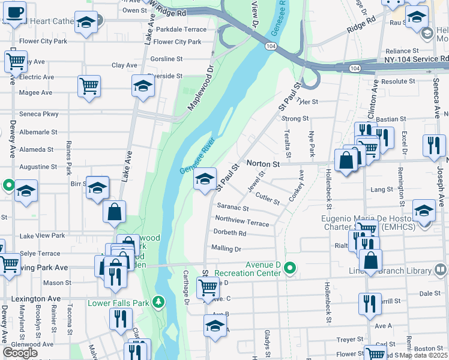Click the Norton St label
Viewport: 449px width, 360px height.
tap(264, 163)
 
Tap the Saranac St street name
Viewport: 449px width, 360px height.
tap(233, 208)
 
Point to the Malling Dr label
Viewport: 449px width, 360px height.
tap(226, 248)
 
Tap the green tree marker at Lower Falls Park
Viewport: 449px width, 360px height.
tap(158, 301)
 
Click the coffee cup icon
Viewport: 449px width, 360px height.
tap(16, 12)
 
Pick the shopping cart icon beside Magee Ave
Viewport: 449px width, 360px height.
tap(89, 85)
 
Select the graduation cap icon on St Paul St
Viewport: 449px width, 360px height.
tap(205, 178)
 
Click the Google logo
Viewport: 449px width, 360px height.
tap(20, 353)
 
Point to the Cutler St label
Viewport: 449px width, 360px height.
tap(268, 199)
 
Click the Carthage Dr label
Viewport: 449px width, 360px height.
tap(186, 287)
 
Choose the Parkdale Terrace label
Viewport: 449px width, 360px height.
tap(181, 29)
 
